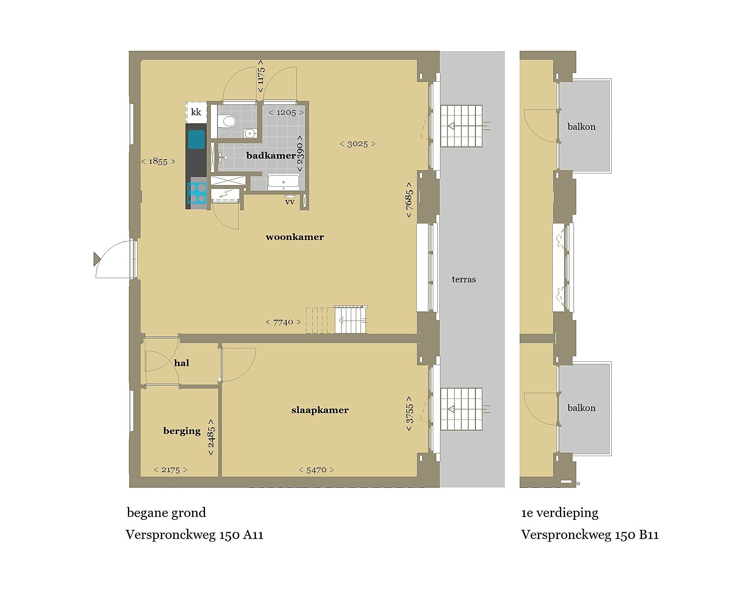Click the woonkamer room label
click(x=295, y=237)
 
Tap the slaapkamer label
click(x=320, y=410)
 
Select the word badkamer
click(x=271, y=156)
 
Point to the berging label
click(x=182, y=431)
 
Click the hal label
click(x=182, y=363)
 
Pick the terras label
click(x=464, y=279)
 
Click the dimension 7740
click(x=283, y=322)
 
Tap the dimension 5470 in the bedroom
click(x=316, y=470)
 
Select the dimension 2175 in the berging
click(x=170, y=470)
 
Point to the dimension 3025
click(x=357, y=144)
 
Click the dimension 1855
click(x=158, y=161)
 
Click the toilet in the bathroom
click(x=227, y=121)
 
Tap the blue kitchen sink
click(x=196, y=139)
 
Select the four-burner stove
click(x=197, y=193)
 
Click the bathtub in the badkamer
click(x=283, y=182)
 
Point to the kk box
click(x=196, y=112)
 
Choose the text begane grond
click(x=166, y=513)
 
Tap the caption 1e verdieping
click(x=560, y=513)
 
